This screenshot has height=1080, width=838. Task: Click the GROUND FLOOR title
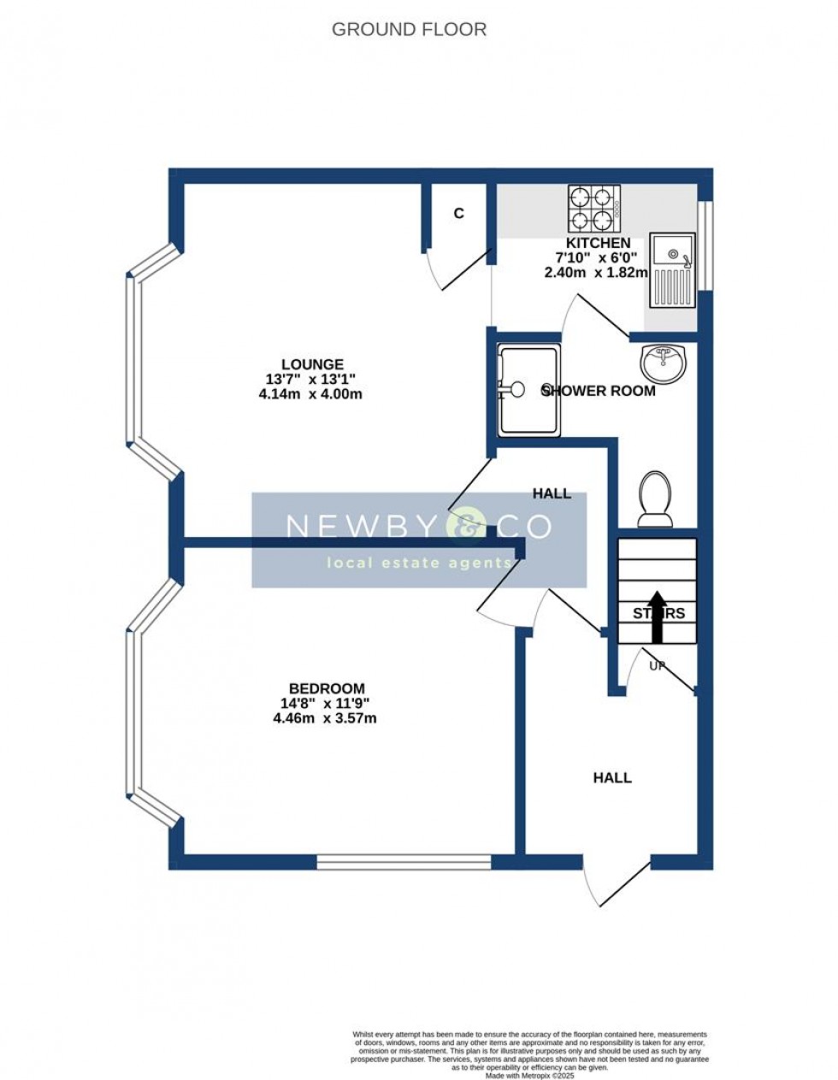point(409,30)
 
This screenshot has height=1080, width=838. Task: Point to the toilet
point(656,498)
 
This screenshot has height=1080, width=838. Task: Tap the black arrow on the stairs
point(658,616)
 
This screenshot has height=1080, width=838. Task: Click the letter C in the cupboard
point(459,214)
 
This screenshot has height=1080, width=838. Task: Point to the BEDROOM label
point(327,688)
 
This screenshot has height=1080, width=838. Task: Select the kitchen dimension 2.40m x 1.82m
point(597,273)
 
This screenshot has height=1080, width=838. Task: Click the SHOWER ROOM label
point(599,391)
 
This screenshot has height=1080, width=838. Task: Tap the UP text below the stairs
point(658,664)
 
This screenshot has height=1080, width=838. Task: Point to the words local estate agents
point(419,563)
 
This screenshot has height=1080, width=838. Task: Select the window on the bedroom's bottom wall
point(404,861)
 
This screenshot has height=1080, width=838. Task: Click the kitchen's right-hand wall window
point(705,245)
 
